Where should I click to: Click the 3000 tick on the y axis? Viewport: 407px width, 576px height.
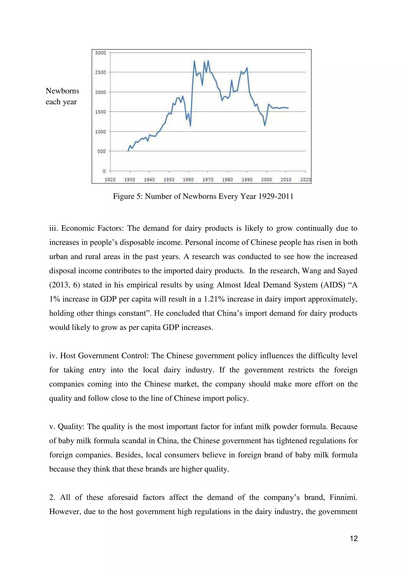101,53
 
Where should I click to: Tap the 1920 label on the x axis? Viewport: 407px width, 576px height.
110,180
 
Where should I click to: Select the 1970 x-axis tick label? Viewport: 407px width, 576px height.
208,180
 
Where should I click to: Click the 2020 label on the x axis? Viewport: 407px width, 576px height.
305,180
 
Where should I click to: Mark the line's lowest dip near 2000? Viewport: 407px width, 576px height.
265,125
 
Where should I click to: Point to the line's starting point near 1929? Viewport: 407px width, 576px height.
128,151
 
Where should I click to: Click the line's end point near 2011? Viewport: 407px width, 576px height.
288,108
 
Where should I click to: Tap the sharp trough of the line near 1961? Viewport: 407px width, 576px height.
190,126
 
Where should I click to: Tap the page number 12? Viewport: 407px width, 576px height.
353,539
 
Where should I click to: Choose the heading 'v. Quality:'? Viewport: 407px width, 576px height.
67,427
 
